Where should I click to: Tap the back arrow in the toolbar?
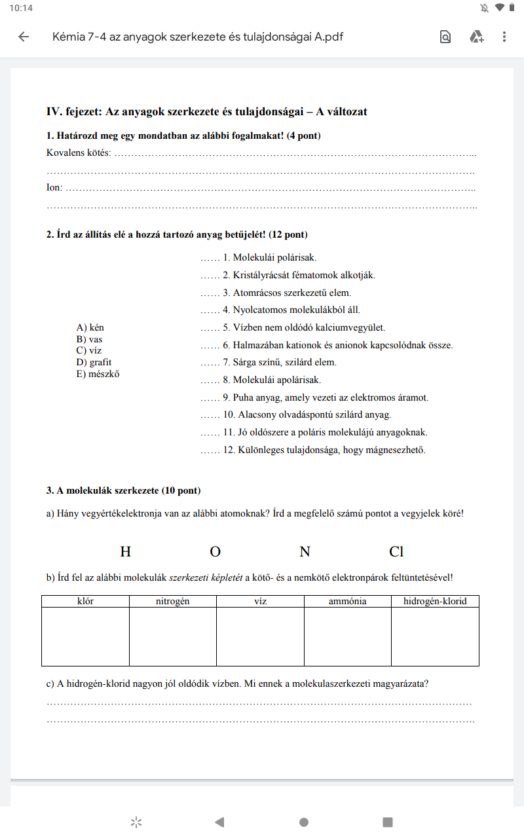pyautogui.click(x=24, y=37)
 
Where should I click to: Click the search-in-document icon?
pyautogui.click(x=445, y=37)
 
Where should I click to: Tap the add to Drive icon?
pyautogui.click(x=476, y=37)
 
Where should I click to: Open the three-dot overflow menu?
pyautogui.click(x=504, y=37)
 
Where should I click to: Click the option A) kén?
pyautogui.click(x=90, y=327)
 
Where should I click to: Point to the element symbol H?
pyautogui.click(x=125, y=552)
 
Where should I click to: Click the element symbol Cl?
pyautogui.click(x=396, y=552)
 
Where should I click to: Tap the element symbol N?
pyautogui.click(x=305, y=552)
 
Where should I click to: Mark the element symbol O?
pyautogui.click(x=215, y=552)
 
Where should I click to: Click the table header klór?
pyautogui.click(x=85, y=601)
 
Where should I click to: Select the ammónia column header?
pyautogui.click(x=348, y=601)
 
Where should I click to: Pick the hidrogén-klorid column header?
pyautogui.click(x=435, y=601)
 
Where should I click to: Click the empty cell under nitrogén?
pyautogui.click(x=173, y=636)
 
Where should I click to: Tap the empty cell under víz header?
pyautogui.click(x=260, y=636)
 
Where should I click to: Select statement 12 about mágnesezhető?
pyautogui.click(x=324, y=450)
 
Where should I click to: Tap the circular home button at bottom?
pyautogui.click(x=304, y=822)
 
